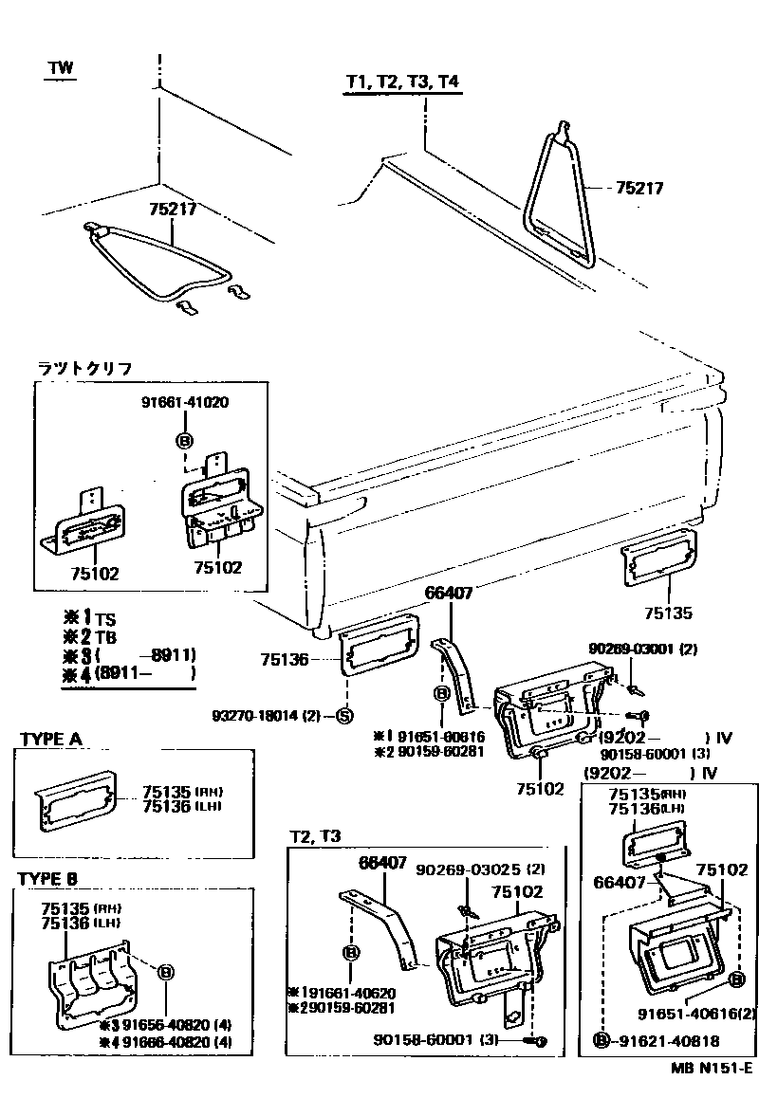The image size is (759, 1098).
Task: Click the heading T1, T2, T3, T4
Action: [402, 83]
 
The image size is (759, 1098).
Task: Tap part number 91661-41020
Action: [185, 402]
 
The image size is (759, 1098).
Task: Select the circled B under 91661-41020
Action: [184, 440]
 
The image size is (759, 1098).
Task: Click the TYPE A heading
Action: [49, 739]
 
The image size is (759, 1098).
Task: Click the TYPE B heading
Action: [47, 879]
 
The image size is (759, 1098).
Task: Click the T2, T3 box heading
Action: [316, 836]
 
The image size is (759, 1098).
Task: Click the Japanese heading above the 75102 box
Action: [85, 368]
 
